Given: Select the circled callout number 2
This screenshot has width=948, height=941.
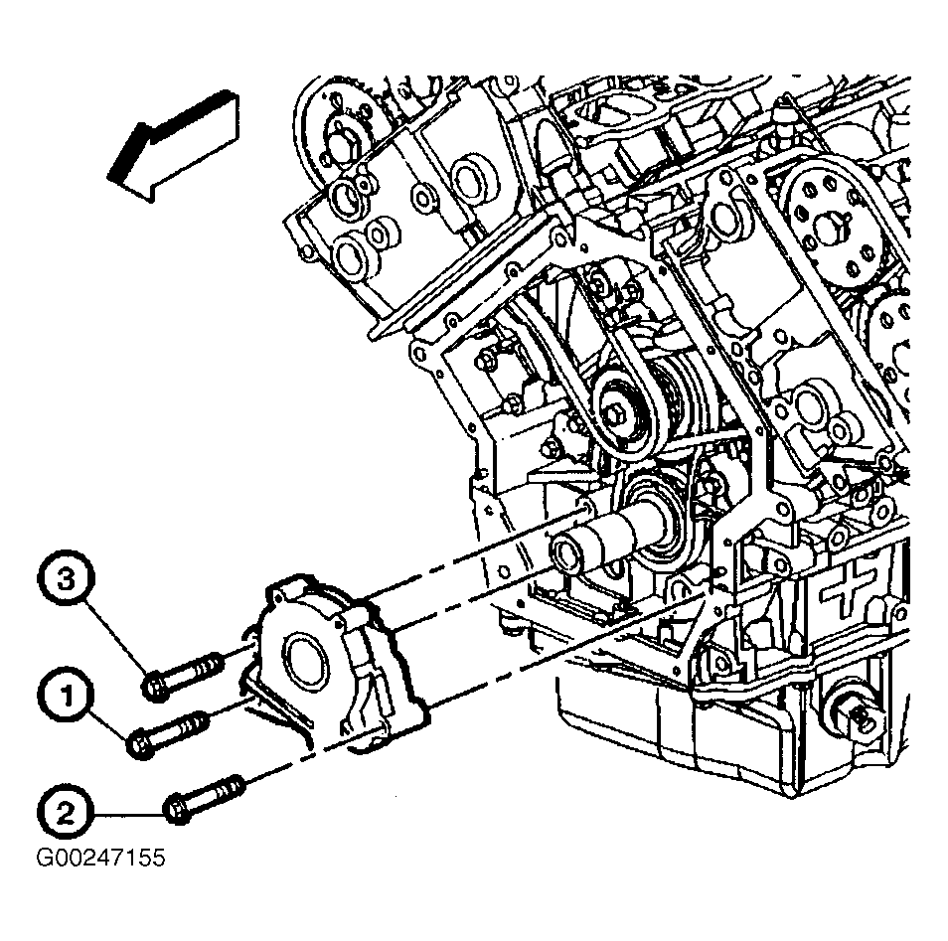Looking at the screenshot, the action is [x=66, y=814].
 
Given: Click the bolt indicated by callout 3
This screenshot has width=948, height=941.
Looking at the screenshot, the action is [x=182, y=677].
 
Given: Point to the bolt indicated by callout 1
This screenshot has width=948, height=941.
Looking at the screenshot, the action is [x=168, y=734].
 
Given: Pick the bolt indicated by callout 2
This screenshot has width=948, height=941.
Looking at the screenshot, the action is [x=204, y=799].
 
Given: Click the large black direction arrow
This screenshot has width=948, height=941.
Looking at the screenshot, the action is [x=173, y=146].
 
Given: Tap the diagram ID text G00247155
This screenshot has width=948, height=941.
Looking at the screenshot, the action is [x=101, y=858].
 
